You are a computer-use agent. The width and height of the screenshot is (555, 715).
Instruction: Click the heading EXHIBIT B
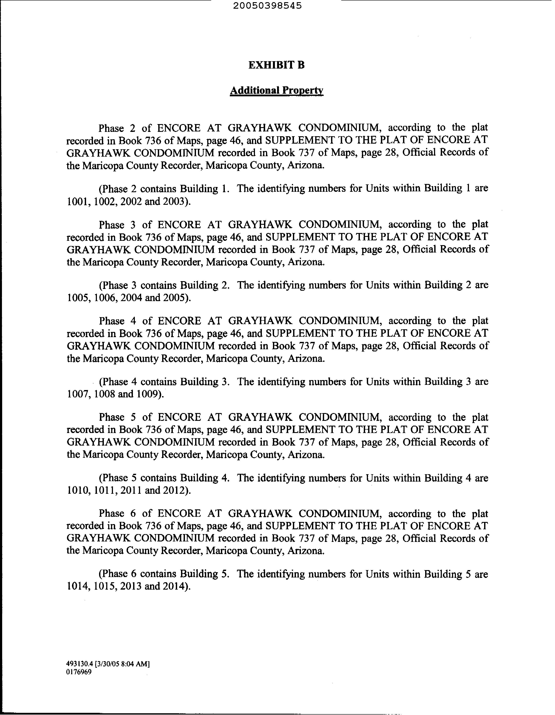tap(276, 65)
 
